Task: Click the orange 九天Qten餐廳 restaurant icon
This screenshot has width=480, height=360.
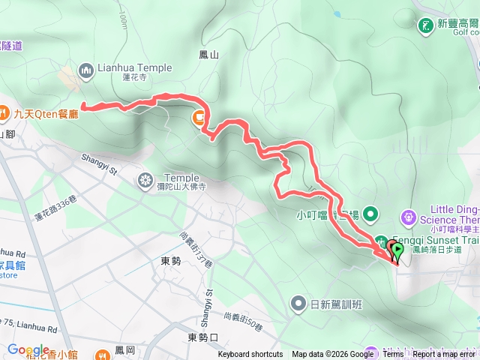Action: click(6, 115)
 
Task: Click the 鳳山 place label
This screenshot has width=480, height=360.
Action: click(208, 55)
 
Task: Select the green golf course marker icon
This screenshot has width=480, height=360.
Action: click(426, 25)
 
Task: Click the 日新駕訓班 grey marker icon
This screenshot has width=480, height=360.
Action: click(298, 304)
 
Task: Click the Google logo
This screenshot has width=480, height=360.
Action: click(28, 349)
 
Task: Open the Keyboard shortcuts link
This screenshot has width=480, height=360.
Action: click(250, 355)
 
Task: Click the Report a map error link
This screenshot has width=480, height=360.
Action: click(444, 355)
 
